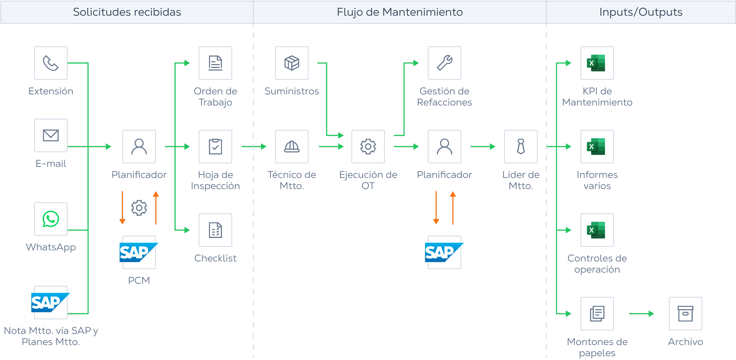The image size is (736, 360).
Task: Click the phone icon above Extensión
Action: (x=51, y=63)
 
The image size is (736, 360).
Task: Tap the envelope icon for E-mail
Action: (x=51, y=135)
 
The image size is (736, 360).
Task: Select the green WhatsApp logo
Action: (x=51, y=219)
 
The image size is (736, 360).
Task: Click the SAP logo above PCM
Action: (x=139, y=252)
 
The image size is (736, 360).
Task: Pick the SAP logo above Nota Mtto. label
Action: (x=50, y=303)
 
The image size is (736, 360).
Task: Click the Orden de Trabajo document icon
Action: (x=215, y=63)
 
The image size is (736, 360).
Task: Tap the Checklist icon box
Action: (x=215, y=230)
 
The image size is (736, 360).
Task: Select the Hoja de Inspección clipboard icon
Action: (x=215, y=147)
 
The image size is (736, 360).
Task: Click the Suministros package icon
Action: (x=292, y=63)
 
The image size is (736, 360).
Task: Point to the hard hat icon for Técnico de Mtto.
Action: (x=292, y=147)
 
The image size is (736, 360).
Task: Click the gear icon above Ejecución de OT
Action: (x=368, y=147)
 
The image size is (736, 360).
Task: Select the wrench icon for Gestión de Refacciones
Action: (x=444, y=63)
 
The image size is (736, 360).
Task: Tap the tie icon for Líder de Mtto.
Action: (x=521, y=147)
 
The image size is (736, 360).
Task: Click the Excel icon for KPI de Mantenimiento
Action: (x=597, y=63)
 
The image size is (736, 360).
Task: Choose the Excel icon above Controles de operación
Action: (x=597, y=230)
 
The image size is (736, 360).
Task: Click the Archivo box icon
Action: (x=685, y=314)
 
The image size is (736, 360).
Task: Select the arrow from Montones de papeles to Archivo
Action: (x=641, y=314)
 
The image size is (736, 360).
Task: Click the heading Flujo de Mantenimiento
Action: (x=399, y=12)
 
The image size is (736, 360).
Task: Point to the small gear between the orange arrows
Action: (x=139, y=208)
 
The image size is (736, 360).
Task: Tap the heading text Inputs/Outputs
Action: (x=641, y=12)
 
